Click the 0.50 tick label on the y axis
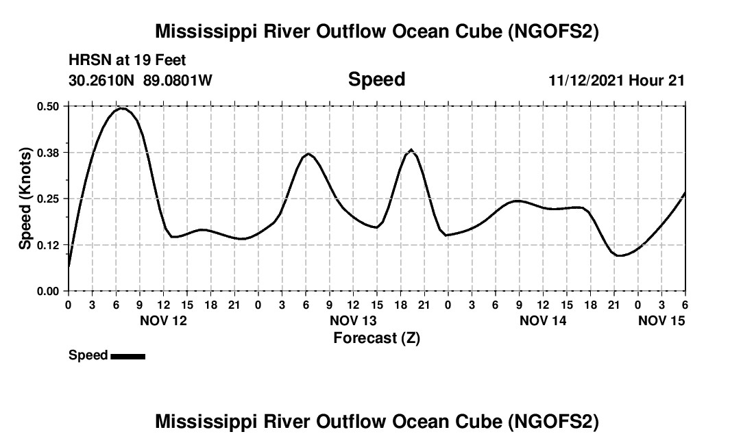tap(49, 106)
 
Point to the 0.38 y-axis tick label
tap(49, 152)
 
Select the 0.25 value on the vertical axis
tap(49, 199)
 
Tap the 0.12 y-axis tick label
tap(49, 244)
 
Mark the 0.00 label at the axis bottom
tap(49, 291)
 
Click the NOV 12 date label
tap(163, 320)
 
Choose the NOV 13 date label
tap(353, 320)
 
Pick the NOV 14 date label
tap(543, 320)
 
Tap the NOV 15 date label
tap(661, 320)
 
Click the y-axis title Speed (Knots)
tap(25, 199)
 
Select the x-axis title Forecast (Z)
tap(376, 338)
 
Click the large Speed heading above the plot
tap(376, 79)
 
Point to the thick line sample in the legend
tap(127, 355)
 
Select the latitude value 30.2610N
tap(103, 80)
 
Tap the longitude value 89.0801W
tap(178, 80)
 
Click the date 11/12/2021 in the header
tap(585, 80)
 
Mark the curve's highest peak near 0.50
tap(121, 108)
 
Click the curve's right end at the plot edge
tap(685, 194)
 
